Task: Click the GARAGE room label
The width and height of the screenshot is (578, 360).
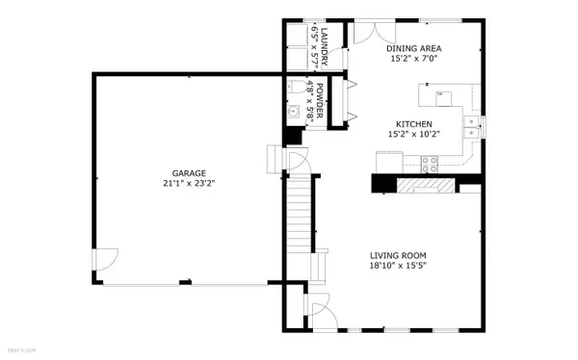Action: pos(188,173)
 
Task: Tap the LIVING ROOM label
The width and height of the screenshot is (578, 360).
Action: pos(400,256)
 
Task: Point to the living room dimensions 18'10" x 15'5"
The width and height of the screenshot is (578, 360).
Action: pos(400,267)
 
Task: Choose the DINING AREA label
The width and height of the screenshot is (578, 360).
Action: pos(415,48)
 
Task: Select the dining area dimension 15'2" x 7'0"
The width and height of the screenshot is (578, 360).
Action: pos(415,59)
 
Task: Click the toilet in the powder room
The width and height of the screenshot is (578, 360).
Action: pos(295,89)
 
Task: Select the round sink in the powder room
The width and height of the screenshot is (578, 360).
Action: pos(295,111)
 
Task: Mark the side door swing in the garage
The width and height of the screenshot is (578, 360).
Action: pos(105,258)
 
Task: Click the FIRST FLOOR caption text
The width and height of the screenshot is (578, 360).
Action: pos(18,352)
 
